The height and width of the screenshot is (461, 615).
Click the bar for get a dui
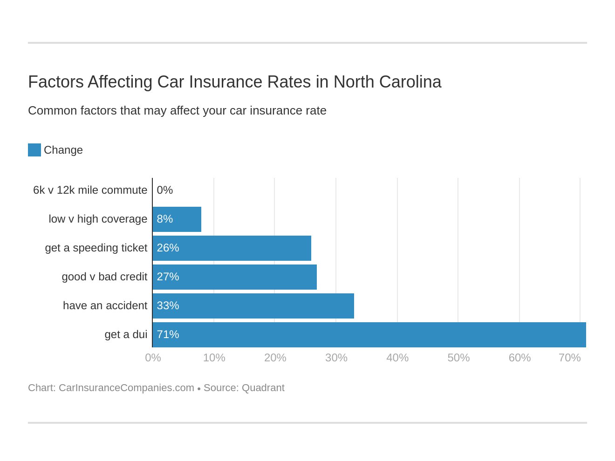click(369, 335)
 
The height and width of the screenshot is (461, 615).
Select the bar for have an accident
click(253, 306)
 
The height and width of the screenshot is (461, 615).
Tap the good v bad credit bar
click(235, 277)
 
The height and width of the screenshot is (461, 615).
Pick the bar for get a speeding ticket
click(232, 248)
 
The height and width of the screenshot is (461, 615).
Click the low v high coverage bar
click(177, 219)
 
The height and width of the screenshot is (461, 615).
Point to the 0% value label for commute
click(165, 190)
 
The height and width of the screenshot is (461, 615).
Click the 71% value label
click(168, 334)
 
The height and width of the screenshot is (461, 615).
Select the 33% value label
click(168, 305)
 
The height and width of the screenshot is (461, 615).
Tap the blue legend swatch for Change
click(34, 150)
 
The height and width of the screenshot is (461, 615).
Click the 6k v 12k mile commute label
click(90, 190)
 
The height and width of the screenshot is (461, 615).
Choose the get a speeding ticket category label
click(96, 248)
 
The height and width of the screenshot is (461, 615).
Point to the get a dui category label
click(126, 334)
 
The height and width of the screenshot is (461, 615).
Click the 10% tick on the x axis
click(214, 358)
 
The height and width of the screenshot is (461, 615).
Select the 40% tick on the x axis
click(397, 358)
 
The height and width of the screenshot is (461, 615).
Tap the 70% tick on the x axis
click(569, 358)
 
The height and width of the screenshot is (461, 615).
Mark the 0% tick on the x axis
click(153, 358)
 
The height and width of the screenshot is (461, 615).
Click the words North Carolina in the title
click(387, 82)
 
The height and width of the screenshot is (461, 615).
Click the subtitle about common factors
click(177, 110)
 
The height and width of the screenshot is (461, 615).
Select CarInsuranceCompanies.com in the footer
click(126, 388)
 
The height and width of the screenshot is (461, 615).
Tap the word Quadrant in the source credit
click(263, 388)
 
